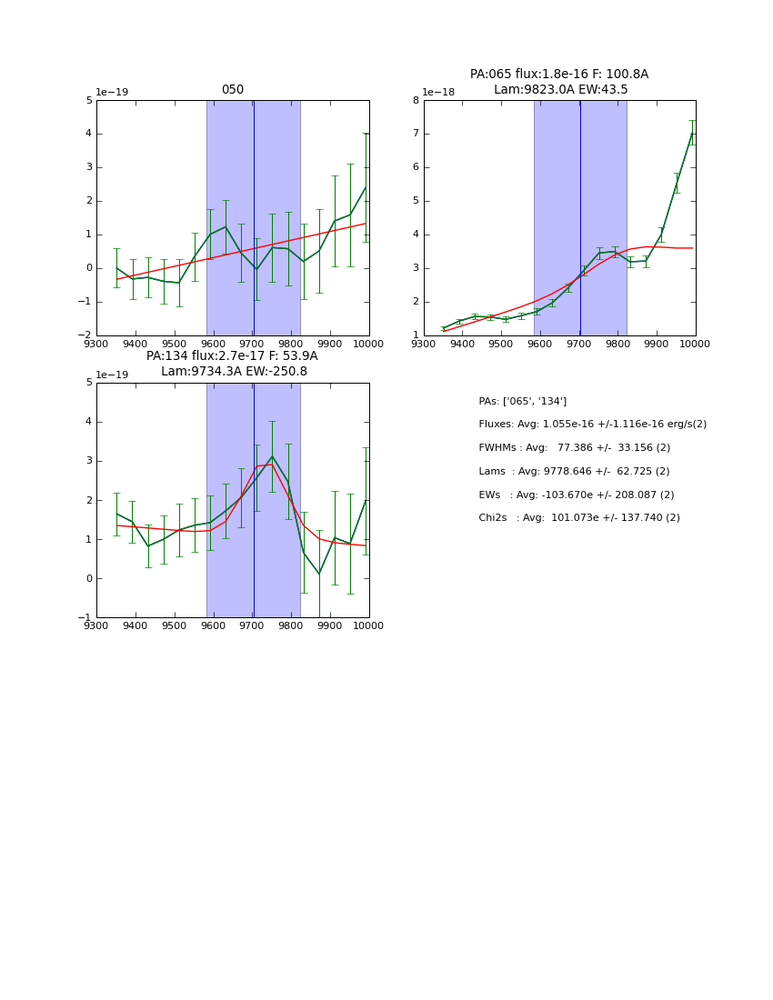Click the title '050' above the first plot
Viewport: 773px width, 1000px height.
coord(233,90)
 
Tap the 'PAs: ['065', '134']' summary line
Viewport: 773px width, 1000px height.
coord(523,401)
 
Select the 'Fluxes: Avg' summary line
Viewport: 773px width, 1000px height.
coord(592,425)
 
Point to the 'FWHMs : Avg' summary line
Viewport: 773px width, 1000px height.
coord(574,448)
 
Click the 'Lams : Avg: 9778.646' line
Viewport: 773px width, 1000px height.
coord(574,472)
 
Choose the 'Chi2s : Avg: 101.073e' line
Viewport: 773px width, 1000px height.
coord(579,518)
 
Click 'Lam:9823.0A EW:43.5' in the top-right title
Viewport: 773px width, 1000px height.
coord(560,90)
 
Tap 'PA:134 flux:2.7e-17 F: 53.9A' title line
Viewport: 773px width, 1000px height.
coord(232,356)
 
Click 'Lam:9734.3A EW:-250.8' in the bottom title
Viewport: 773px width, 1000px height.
coord(234,372)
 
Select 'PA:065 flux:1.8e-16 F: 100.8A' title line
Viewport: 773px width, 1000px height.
coord(559,75)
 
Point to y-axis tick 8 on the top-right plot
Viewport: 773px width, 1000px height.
coord(416,101)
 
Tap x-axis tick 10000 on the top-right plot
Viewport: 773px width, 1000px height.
coord(696,345)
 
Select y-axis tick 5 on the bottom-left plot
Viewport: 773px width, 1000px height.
coord(89,383)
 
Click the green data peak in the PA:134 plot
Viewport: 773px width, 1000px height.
coord(272,456)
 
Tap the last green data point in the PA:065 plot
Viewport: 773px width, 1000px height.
coord(692,133)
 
